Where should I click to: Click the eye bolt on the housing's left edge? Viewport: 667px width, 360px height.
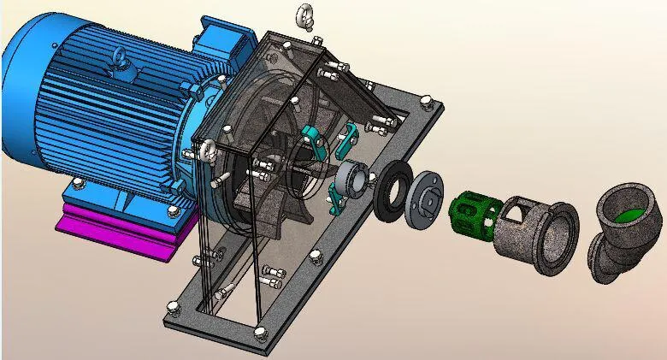point(207,153)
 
